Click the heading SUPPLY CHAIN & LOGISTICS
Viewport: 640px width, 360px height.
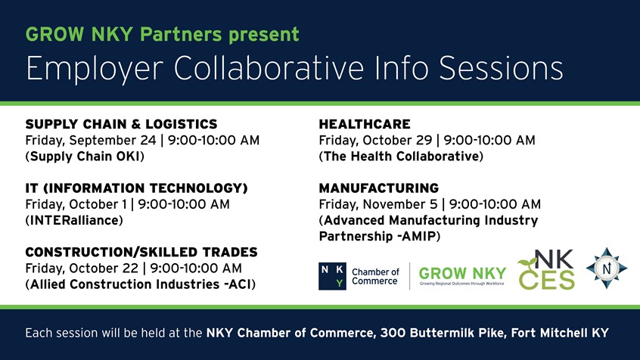pos(121,124)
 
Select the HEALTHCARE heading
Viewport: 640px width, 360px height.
pos(365,124)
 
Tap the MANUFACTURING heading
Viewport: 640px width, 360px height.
pos(378,188)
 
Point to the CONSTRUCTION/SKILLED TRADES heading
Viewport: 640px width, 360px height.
pos(141,252)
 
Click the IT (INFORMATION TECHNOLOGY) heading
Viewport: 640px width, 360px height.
pos(137,188)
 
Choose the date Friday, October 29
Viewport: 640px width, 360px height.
pos(378,140)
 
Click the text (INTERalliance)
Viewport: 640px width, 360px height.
pos(74,220)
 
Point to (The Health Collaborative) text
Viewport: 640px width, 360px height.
pos(401,157)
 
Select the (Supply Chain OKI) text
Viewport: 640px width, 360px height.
pos(85,157)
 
